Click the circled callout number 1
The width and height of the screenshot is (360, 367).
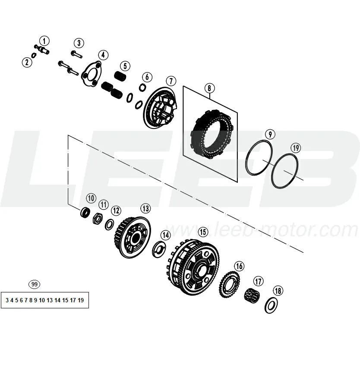44,41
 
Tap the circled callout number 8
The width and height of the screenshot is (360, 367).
209,88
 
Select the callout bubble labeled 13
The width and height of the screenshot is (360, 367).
145,208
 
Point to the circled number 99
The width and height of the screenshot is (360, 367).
34,284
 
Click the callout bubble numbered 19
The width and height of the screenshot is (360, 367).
296,148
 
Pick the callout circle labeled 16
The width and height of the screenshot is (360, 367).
239,266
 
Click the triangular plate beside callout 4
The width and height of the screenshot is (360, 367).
92,74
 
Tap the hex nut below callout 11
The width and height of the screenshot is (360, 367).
98,219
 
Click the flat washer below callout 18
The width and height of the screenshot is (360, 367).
271,305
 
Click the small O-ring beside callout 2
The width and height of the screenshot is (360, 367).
34,56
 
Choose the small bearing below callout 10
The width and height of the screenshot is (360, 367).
85,212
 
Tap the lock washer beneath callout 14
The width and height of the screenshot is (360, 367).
159,249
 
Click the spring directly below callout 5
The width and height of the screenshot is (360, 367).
120,75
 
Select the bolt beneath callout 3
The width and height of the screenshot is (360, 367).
76,54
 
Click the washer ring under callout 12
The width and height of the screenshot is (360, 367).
109,225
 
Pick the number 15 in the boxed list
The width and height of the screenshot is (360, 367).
65,300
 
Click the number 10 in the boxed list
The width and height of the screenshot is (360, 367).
42,300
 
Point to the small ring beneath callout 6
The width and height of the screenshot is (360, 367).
142,88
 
